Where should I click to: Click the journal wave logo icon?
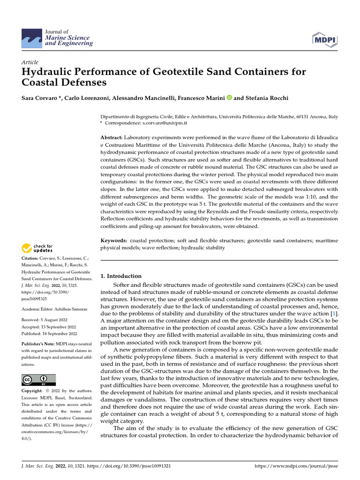(31, 37)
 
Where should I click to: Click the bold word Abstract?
(112, 137)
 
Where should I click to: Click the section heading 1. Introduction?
(121, 276)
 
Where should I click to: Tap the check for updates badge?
(37, 248)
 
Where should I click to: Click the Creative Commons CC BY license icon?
(38, 380)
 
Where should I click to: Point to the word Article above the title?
(30, 62)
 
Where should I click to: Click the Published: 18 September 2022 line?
(49, 334)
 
